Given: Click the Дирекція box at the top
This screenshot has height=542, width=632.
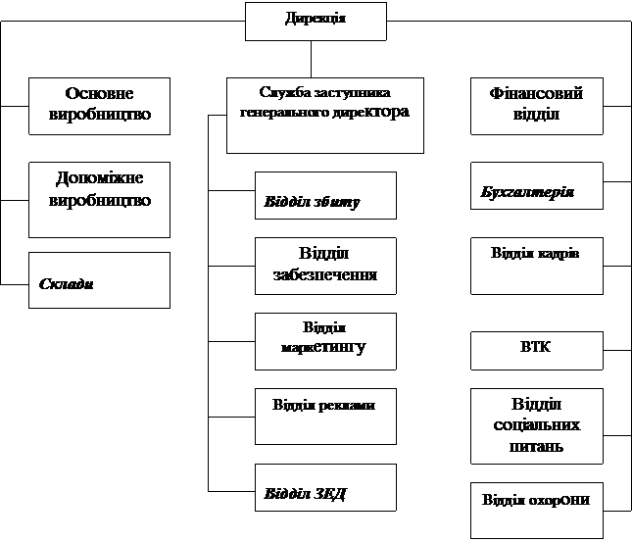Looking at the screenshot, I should point(316,21).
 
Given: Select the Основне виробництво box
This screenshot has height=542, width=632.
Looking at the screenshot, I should point(99,106).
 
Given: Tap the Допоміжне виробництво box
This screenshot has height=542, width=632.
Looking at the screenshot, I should point(99,200).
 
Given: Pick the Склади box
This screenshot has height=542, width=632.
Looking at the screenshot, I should point(99,280).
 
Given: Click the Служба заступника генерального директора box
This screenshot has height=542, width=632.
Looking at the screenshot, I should point(325,116).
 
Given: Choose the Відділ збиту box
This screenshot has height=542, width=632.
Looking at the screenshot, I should point(325,195).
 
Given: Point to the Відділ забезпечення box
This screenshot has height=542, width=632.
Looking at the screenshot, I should point(325,266).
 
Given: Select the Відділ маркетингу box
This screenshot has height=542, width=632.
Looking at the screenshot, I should point(325,341).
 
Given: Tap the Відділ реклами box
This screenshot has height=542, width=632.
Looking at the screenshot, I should point(325,417).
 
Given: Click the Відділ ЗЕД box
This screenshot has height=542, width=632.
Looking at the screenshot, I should point(325,487).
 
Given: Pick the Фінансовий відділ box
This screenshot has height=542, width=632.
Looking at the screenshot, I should point(535,106).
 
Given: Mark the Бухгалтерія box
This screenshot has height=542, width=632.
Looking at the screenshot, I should point(535,186).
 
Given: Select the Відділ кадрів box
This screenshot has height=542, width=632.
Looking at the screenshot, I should point(535,266).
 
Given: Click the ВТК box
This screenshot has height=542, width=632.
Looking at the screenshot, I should point(535,350).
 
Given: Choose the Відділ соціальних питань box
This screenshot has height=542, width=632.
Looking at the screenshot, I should point(535,426).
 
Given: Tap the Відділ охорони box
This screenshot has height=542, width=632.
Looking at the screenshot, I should point(535,510).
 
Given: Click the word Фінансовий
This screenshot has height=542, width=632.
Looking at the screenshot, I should point(535,94).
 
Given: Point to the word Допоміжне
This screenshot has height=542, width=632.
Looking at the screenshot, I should point(99,179).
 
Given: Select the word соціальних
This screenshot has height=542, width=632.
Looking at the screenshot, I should point(535,425).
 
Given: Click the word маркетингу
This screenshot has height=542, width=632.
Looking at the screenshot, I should point(323,347).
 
